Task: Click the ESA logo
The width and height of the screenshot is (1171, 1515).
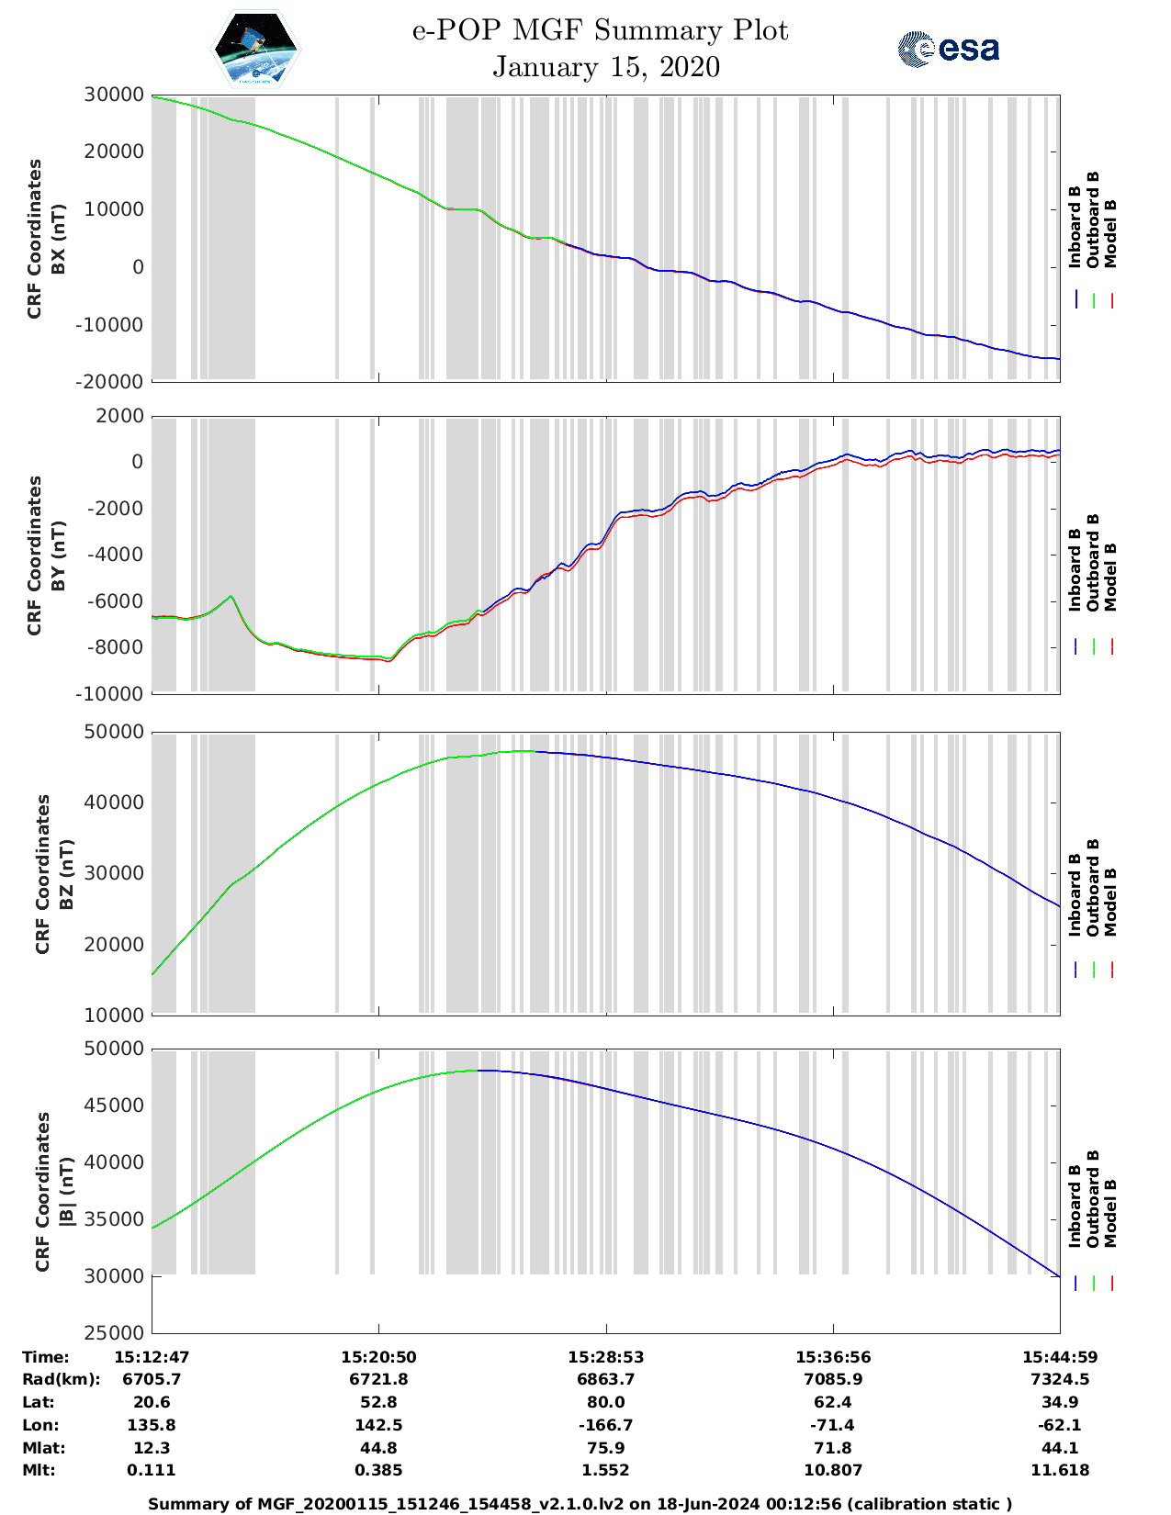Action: pos(948,49)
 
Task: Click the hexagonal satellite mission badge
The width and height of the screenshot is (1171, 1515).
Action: pos(256,49)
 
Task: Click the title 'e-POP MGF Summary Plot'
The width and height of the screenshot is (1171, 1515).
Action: pos(600,30)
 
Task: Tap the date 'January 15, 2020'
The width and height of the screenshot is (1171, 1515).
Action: pos(606,67)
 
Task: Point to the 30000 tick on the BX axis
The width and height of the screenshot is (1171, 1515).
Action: pos(114,95)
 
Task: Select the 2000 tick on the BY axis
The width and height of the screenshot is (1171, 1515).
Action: pos(119,416)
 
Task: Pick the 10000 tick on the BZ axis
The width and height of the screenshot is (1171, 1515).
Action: pos(114,1015)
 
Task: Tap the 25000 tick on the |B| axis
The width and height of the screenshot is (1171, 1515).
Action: pos(114,1332)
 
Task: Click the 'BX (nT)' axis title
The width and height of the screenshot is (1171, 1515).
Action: pos(59,239)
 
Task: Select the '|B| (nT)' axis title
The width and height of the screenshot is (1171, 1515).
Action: pos(66,1192)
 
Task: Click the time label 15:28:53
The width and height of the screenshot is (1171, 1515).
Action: pos(605,1357)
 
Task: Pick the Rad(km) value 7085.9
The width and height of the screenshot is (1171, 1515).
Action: pos(833,1379)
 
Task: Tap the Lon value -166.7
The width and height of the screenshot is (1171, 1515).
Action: pos(605,1425)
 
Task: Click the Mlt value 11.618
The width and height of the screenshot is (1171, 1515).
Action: pos(1060,1470)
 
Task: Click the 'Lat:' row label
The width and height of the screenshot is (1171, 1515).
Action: pos(39,1402)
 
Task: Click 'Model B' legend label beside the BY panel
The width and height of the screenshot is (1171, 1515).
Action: pos(1110,577)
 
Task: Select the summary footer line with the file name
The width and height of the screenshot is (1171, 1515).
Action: pos(580,1503)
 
